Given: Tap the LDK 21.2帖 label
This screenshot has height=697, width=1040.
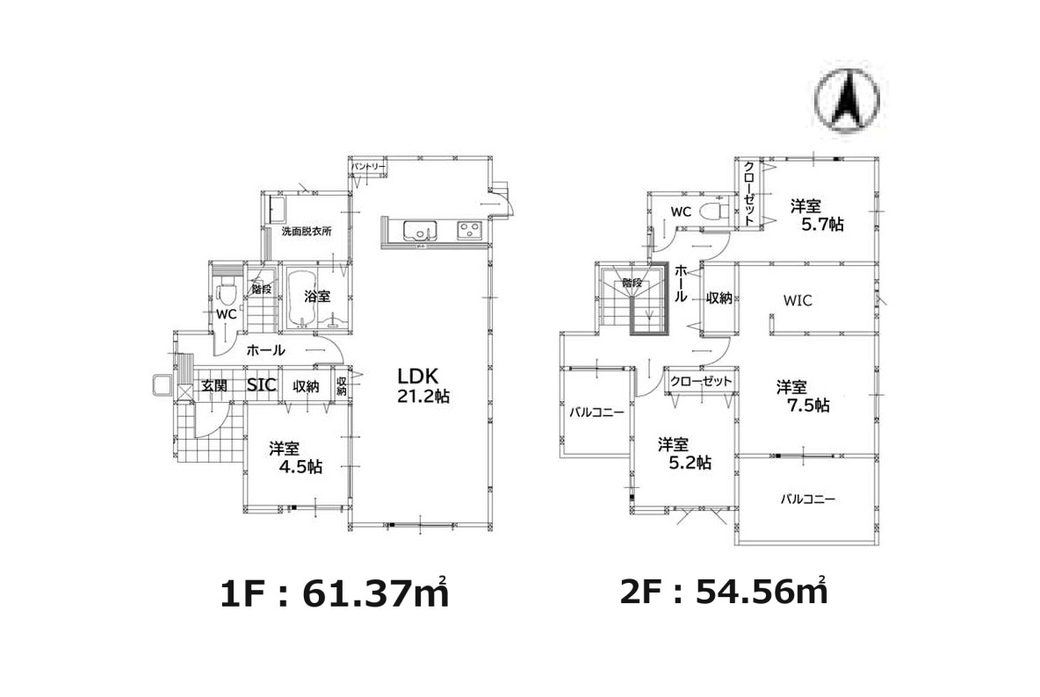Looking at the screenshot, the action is [423, 385].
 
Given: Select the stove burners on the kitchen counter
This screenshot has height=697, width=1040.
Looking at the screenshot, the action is [470, 230].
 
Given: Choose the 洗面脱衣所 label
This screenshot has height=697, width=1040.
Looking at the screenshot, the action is [307, 232].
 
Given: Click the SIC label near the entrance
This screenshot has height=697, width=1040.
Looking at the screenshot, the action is [262, 385].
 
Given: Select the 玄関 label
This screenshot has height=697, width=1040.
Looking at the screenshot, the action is [214, 385].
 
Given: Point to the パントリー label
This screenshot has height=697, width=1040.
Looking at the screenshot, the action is [368, 166].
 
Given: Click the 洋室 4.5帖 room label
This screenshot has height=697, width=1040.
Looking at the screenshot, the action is [296, 458].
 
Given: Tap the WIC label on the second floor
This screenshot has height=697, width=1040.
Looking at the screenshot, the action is [798, 301].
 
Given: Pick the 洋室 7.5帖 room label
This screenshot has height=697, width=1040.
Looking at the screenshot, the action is [803, 396].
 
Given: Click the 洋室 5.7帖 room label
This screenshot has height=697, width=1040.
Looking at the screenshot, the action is [817, 215].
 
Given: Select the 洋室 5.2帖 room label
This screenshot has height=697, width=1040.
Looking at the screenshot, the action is [684, 453].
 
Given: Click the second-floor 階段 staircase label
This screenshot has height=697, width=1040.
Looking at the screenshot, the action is [632, 283].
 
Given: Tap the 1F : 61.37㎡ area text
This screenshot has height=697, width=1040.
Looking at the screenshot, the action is [335, 593].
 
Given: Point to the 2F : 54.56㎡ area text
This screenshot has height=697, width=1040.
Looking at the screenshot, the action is [724, 590].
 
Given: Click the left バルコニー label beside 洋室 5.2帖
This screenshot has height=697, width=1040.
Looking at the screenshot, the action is [597, 412].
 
